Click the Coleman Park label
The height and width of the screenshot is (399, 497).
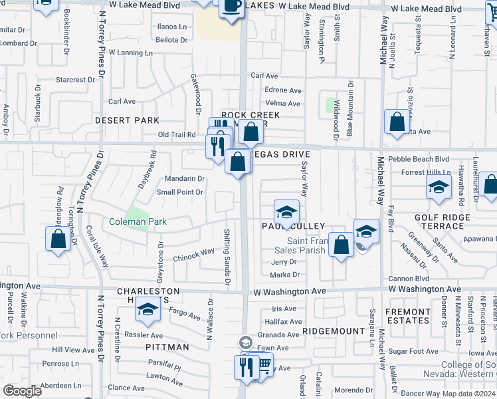(x=138, y=221)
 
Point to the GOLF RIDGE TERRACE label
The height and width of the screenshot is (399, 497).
(x=442, y=221)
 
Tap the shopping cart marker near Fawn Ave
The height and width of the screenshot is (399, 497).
(x=263, y=365)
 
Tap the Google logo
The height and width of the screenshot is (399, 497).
(x=22, y=391)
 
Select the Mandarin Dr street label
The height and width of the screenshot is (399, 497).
(x=185, y=179)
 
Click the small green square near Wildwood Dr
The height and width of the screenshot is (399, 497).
(x=330, y=105)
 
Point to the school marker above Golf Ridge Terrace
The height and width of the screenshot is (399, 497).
(x=439, y=187)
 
